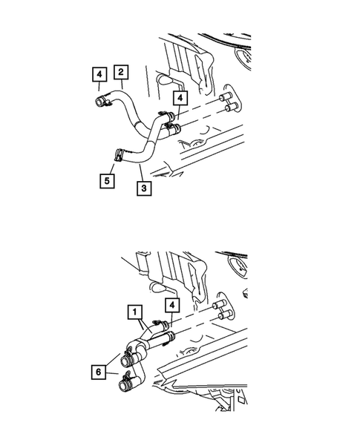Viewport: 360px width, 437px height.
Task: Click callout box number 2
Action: pyautogui.click(x=121, y=73)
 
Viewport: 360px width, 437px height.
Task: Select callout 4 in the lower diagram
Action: pyautogui.click(x=171, y=305)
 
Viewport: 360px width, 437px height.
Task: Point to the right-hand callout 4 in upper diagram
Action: pyautogui.click(x=180, y=98)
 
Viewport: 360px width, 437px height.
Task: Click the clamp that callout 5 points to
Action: pyautogui.click(x=118, y=156)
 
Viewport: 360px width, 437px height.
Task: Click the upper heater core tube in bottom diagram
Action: pyautogui.click(x=219, y=306)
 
